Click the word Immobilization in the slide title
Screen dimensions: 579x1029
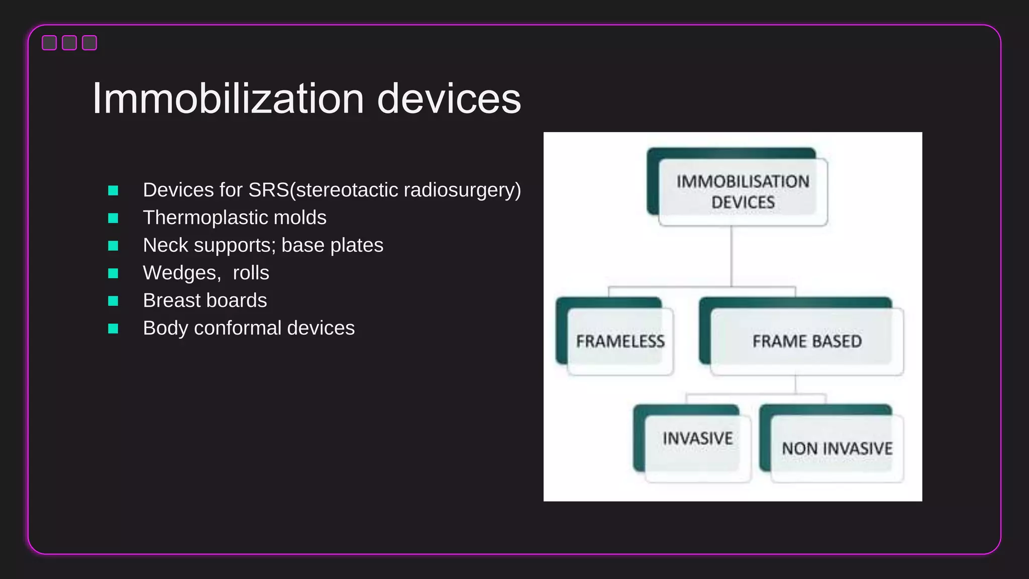(x=228, y=99)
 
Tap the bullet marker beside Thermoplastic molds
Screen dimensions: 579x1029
(x=113, y=218)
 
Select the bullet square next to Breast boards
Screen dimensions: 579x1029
(x=113, y=301)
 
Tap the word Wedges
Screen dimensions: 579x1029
(x=181, y=273)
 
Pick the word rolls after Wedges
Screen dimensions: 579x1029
(x=251, y=273)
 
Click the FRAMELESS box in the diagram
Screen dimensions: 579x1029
(x=620, y=341)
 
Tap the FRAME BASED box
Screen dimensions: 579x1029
(x=806, y=341)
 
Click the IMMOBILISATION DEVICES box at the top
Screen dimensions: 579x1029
(x=743, y=192)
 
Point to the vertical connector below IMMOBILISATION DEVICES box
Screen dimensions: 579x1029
(x=731, y=256)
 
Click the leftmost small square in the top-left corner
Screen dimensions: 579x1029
(x=49, y=43)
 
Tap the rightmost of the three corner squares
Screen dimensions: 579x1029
(x=89, y=43)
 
